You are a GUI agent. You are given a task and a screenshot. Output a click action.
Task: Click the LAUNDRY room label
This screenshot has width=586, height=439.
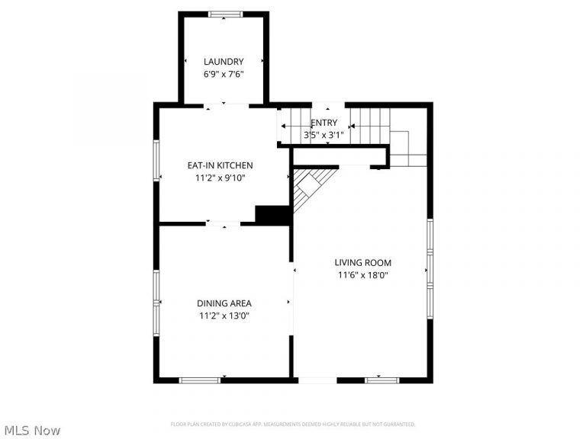point(224,62)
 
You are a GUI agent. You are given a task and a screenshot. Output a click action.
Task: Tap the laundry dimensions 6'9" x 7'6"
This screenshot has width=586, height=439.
point(224,75)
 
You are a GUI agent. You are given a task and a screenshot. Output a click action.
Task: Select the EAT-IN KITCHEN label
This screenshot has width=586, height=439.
point(220,165)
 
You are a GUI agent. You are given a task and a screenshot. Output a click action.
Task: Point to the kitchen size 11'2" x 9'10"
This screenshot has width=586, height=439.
point(220,178)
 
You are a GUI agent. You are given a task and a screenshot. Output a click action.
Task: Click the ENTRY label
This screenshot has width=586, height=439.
point(324,123)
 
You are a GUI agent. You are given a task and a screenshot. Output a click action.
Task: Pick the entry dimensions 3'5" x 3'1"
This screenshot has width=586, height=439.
point(324,135)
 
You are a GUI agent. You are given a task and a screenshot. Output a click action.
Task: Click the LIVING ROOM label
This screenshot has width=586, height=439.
point(363,263)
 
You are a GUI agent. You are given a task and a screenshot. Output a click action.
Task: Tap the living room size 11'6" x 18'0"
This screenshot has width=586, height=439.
point(363,276)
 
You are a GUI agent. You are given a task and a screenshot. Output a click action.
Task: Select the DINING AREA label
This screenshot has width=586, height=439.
point(224,303)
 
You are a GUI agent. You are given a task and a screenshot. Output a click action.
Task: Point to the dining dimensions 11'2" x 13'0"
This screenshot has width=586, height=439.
point(224,316)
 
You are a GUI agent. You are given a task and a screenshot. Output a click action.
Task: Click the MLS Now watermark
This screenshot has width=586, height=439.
point(31,431)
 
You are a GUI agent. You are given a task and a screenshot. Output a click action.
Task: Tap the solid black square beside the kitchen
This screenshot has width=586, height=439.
point(272,215)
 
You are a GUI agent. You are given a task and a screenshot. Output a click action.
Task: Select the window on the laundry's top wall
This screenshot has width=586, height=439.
point(224,14)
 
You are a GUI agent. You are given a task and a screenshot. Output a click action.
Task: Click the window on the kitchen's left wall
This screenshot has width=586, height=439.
point(156,161)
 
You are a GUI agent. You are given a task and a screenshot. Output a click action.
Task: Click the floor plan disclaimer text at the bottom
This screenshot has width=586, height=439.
point(292,424)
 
